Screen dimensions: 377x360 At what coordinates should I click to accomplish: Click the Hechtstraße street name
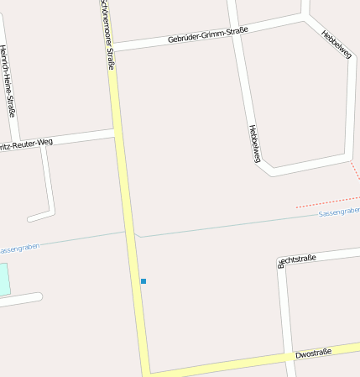tap(297, 259)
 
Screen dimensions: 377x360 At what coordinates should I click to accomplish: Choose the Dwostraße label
tap(314, 353)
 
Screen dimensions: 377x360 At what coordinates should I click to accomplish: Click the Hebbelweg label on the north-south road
tap(255, 144)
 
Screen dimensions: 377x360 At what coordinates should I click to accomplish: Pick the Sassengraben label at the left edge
tap(18, 249)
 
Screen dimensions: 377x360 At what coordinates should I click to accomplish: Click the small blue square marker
tap(143, 280)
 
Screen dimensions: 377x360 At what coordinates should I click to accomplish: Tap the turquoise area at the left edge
tap(4, 279)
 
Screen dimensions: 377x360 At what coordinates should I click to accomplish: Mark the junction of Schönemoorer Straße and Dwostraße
tap(146, 372)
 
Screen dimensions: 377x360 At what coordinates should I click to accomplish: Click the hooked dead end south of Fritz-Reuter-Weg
tap(31, 219)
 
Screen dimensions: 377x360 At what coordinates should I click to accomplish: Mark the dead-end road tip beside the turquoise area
tap(39, 296)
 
